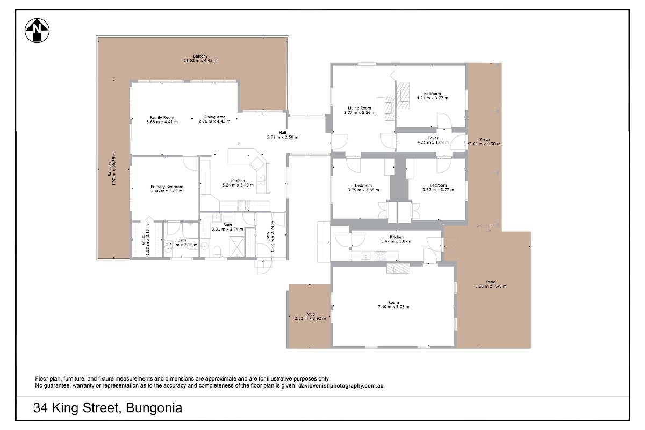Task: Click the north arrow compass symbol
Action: click(37, 31)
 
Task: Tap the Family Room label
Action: click(162, 117)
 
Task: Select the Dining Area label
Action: click(214, 117)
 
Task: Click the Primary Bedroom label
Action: click(167, 187)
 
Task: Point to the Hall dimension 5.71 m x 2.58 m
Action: click(283, 137)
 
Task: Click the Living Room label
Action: click(360, 108)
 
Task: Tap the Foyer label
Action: click(433, 138)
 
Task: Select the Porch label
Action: click(485, 139)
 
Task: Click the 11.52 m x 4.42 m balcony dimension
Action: click(200, 61)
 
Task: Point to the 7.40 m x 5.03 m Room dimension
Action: click(393, 307)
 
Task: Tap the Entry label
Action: click(268, 236)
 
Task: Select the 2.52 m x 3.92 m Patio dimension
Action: click(311, 318)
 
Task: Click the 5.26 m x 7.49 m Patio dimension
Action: click(491, 286)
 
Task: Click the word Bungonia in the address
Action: click(154, 408)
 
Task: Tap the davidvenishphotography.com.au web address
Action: click(341, 385)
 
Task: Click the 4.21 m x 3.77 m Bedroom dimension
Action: click(433, 98)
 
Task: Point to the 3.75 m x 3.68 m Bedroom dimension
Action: click(363, 190)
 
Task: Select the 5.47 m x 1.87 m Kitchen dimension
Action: click(397, 241)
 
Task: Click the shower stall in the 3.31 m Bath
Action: click(237, 247)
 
